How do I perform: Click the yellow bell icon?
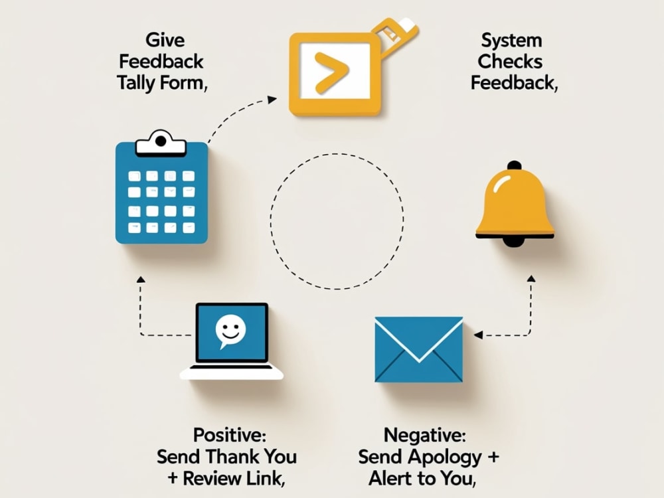coord(515,205)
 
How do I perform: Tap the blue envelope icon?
coord(419,349)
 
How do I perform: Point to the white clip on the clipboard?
coord(161,144)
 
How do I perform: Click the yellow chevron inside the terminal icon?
coord(331,72)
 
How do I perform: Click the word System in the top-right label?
coord(511,41)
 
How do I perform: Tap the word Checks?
coord(510,62)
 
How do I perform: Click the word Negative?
coord(425,435)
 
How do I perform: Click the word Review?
coord(208,479)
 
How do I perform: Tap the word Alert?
coord(390,479)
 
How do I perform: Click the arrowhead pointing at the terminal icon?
coord(272,100)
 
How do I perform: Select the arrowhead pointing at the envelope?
coord(478,335)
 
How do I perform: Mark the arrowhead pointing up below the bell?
coord(531,278)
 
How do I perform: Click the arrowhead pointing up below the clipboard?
coord(141,279)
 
